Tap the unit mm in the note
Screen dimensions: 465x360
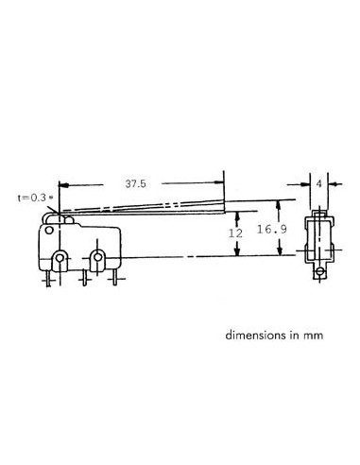tap(327, 336)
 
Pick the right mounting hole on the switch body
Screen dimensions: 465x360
tap(99, 258)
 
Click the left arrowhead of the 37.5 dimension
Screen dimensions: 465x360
tap(62, 185)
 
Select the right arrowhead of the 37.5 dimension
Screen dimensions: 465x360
tap(220, 185)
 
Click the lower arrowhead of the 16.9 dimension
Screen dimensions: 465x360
tap(280, 252)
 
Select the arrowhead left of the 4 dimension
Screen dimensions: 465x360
tap(308, 185)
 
